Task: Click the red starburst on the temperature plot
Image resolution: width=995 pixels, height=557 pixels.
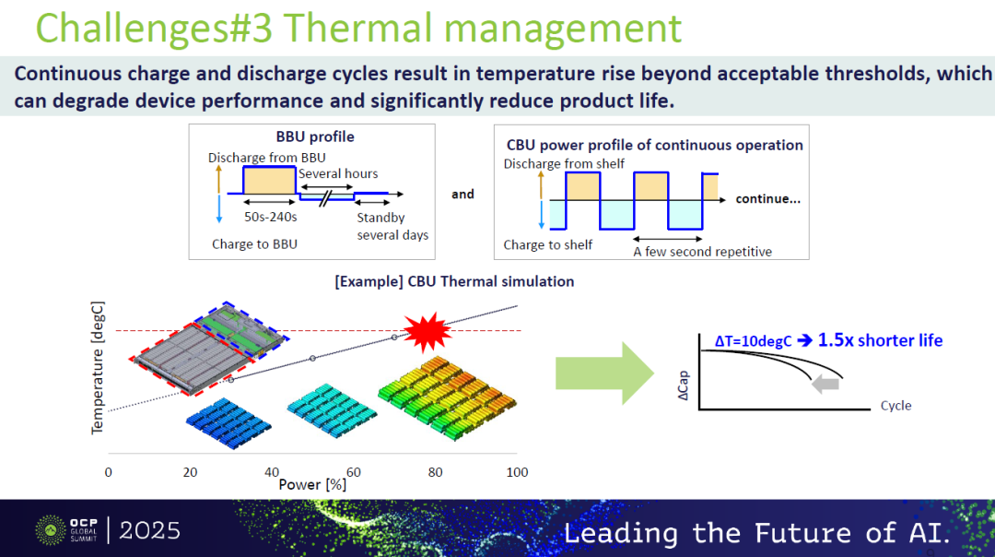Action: click(427, 332)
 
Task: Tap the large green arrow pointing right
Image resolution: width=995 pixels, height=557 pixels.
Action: click(604, 373)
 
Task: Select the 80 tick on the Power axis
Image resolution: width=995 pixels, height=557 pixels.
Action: click(435, 472)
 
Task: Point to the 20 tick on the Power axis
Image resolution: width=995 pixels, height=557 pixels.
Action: click(190, 472)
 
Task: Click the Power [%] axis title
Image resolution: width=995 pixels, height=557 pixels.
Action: click(312, 484)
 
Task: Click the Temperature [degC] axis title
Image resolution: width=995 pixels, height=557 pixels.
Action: click(97, 368)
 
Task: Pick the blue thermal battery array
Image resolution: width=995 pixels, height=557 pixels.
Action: click(228, 422)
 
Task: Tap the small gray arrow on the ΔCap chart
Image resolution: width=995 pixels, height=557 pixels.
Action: click(825, 384)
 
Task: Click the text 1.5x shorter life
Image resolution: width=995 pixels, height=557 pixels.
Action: click(880, 340)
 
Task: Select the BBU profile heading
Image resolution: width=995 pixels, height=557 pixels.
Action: click(315, 136)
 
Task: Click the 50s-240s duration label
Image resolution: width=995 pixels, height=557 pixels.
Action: click(270, 217)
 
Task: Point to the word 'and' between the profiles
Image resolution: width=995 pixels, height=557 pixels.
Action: click(462, 195)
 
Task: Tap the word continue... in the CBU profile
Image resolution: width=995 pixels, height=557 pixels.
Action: click(767, 199)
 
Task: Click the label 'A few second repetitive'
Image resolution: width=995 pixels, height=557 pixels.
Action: click(702, 252)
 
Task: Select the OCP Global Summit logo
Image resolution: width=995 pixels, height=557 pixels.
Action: click(66, 530)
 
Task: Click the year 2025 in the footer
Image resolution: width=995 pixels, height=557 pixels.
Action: click(150, 530)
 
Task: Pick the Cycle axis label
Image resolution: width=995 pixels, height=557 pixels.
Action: click(895, 406)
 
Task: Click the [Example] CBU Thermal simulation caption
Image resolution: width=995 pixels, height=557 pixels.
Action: click(454, 281)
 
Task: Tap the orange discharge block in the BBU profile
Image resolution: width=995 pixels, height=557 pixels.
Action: click(270, 181)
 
